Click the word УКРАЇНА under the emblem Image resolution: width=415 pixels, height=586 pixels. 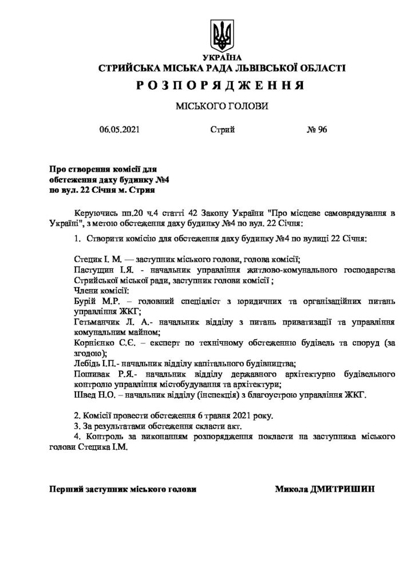(222, 58)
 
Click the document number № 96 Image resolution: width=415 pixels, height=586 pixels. (317, 130)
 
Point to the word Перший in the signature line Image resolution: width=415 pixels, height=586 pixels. (66, 490)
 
